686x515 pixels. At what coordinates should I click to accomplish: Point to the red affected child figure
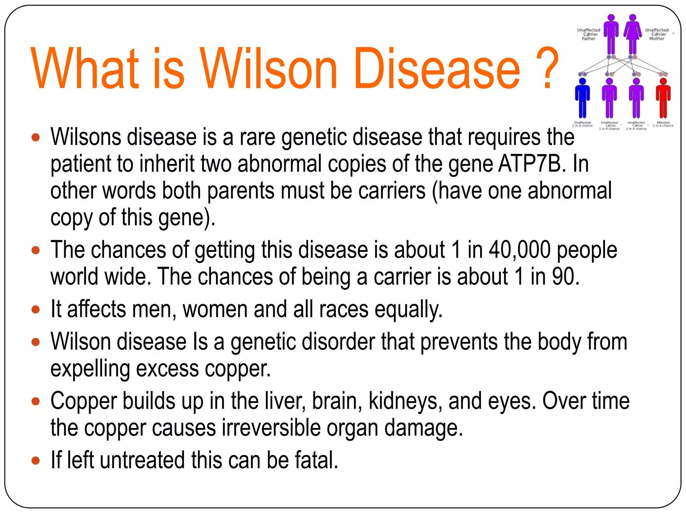663,99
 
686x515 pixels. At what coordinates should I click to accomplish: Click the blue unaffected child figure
582,99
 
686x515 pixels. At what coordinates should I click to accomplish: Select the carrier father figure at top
611,35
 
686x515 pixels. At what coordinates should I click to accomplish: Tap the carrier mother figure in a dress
632,35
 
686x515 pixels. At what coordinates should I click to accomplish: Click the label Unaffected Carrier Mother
657,34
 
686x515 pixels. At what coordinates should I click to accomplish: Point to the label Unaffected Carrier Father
589,34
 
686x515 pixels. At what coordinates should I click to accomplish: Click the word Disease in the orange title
437,69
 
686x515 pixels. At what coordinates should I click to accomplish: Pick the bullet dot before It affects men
36,309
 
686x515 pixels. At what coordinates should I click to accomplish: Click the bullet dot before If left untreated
36,460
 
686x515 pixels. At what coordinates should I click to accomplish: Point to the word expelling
90,369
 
